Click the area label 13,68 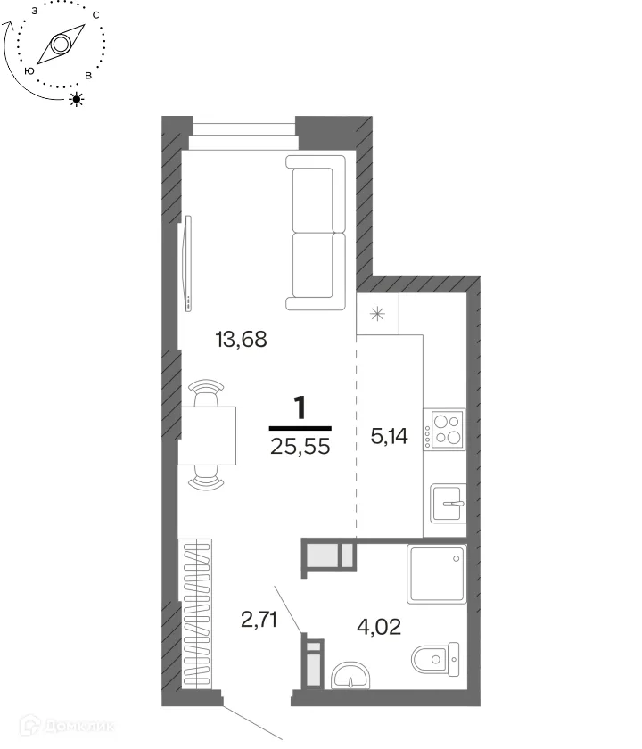pyautogui.click(x=242, y=339)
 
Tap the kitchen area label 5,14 pyautogui.click(x=390, y=436)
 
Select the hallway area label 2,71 pyautogui.click(x=259, y=620)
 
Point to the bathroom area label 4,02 pyautogui.click(x=379, y=627)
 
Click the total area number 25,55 pyautogui.click(x=300, y=446)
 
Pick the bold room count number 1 pyautogui.click(x=300, y=408)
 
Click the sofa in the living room pyautogui.click(x=316, y=233)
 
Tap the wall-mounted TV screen pyautogui.click(x=188, y=263)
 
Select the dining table pyautogui.click(x=207, y=436)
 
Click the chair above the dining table pyautogui.click(x=206, y=392)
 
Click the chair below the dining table pyautogui.click(x=206, y=478)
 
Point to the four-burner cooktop pyautogui.click(x=444, y=429)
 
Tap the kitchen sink pyautogui.click(x=448, y=504)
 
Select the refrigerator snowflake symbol pyautogui.click(x=377, y=314)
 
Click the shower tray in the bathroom pyautogui.click(x=437, y=573)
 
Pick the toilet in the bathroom pyautogui.click(x=435, y=659)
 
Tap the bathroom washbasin pyautogui.click(x=350, y=676)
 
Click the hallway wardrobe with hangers pyautogui.click(x=197, y=614)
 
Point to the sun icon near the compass pyautogui.click(x=77, y=99)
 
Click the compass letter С pyautogui.click(x=96, y=15)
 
